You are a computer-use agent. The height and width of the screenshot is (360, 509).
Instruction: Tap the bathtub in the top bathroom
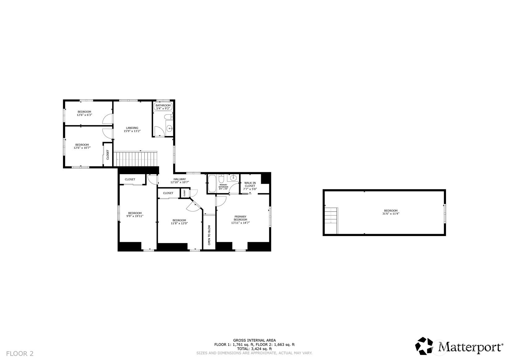point(163,106)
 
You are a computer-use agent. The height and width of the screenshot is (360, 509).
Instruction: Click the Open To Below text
point(209,235)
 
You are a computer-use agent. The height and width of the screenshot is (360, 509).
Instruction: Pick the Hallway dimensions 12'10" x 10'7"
point(180,182)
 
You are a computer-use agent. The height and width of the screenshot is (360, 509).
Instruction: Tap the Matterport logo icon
point(424,346)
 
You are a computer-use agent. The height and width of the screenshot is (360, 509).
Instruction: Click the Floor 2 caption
point(20,354)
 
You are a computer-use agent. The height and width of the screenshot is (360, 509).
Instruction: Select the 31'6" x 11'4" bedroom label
point(391,212)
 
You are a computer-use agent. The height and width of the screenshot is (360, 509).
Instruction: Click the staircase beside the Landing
point(135,159)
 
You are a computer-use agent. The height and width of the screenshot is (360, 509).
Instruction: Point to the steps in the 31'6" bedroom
point(331,221)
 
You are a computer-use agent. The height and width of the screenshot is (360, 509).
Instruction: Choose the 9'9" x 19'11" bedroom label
point(135,215)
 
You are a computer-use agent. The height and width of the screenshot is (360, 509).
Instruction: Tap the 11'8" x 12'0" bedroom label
point(179,222)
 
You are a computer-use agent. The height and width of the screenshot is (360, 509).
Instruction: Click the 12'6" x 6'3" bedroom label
point(84,113)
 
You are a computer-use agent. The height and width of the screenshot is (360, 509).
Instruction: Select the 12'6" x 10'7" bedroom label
point(82,146)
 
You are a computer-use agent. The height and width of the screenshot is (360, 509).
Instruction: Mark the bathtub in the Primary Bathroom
point(212,183)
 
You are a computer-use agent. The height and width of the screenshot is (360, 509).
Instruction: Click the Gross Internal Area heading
point(254,340)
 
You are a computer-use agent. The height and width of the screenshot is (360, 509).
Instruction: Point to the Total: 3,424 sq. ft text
point(254,349)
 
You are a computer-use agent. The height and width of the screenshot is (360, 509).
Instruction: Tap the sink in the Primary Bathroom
point(233,178)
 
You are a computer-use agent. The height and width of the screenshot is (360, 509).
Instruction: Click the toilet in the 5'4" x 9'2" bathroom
point(168,117)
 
